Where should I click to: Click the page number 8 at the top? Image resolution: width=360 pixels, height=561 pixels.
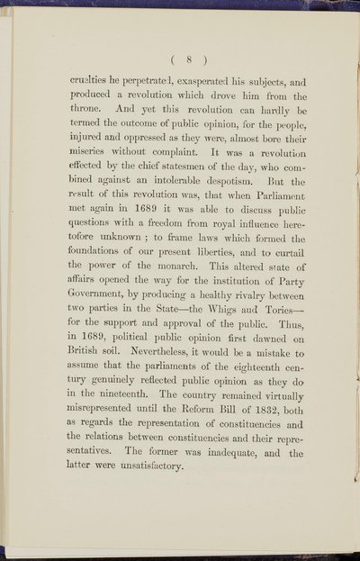(x=181, y=52)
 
